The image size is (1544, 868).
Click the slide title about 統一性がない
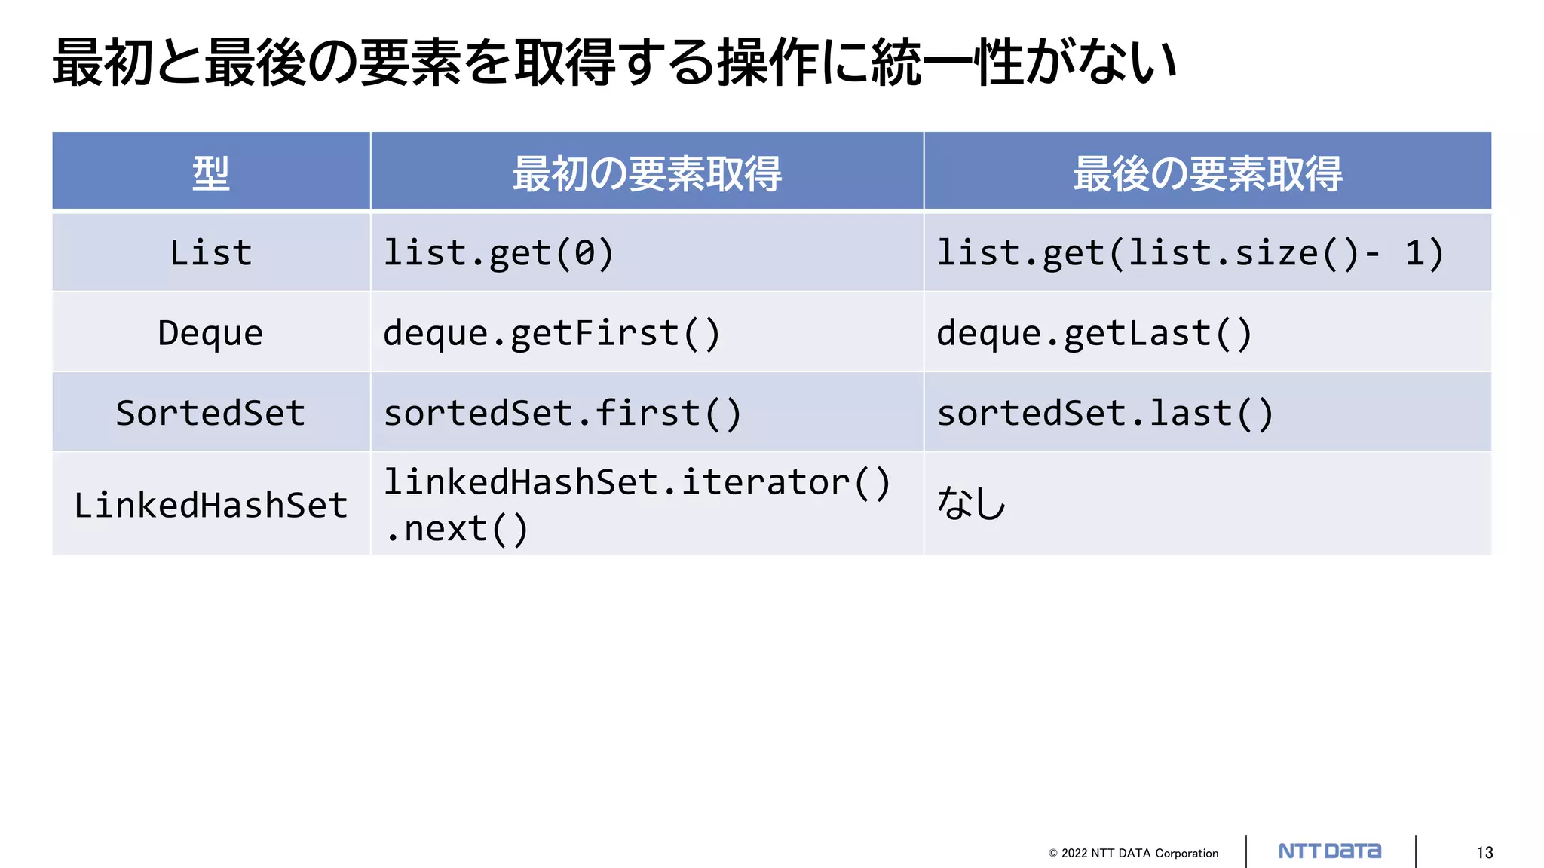point(614,62)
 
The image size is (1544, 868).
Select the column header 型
point(210,173)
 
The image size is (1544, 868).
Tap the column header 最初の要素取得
point(647,173)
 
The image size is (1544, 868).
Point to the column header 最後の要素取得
point(1207,173)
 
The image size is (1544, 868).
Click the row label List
point(210,252)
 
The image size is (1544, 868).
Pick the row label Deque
point(210,333)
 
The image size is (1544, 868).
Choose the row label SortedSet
point(210,413)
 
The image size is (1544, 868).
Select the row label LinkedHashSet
point(210,505)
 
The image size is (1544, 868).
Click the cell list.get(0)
point(498,252)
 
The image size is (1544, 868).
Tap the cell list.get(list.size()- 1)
point(1190,252)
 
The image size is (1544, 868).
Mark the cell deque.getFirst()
point(552,333)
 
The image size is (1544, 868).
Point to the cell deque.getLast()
point(1094,333)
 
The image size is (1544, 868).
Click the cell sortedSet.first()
point(562,413)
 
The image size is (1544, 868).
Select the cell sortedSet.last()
point(1104,413)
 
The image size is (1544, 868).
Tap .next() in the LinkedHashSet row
point(456,529)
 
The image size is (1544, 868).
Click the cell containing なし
point(971,503)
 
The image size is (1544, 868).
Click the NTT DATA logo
point(1330,851)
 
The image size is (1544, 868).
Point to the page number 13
point(1484,853)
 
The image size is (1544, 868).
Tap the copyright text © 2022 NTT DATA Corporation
point(1133,853)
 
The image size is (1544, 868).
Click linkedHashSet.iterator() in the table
point(637,482)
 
